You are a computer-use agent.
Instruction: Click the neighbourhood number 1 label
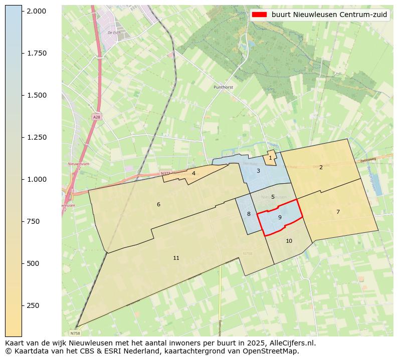(270, 158)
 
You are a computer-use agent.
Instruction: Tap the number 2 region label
(321, 167)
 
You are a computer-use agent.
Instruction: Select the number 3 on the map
(258, 171)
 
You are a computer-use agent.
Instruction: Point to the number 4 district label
(193, 173)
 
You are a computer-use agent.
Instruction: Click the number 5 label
(273, 197)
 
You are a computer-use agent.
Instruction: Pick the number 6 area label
(158, 204)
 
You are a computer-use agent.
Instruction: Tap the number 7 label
(338, 212)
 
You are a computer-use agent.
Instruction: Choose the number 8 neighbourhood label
(249, 214)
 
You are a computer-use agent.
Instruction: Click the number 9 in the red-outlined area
(280, 217)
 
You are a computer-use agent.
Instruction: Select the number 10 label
(289, 241)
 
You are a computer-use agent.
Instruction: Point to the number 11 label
(176, 258)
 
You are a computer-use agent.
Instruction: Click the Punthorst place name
(224, 87)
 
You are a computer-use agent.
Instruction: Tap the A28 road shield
(96, 117)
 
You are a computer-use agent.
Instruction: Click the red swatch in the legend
(260, 15)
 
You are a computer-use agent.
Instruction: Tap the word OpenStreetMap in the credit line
(274, 351)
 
